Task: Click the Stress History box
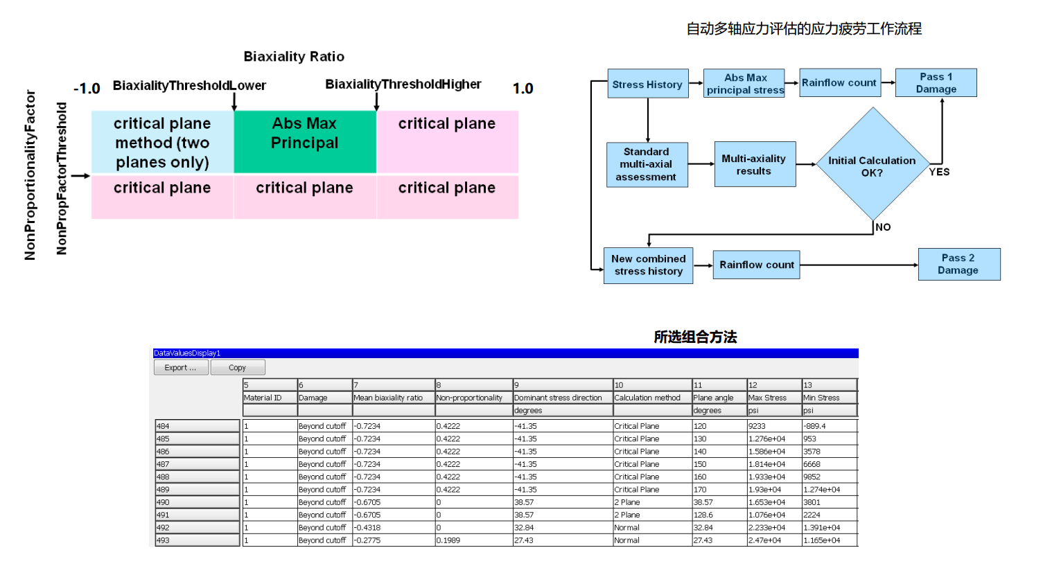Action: (647, 84)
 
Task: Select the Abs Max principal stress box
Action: (745, 83)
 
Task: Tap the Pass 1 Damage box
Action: (936, 82)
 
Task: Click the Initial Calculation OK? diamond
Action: (872, 166)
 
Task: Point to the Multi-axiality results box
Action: (754, 164)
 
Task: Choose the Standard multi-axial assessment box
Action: (647, 164)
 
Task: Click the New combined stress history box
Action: (648, 265)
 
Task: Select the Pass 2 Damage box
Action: (958, 264)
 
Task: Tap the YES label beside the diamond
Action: (939, 172)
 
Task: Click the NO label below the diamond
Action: (883, 227)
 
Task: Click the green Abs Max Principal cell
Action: (305, 141)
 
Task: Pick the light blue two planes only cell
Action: (162, 142)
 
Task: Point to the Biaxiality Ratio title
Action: (294, 56)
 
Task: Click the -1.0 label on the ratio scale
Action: (87, 89)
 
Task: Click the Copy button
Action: (238, 368)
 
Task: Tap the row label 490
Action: (197, 502)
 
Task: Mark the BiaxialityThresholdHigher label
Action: (403, 84)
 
